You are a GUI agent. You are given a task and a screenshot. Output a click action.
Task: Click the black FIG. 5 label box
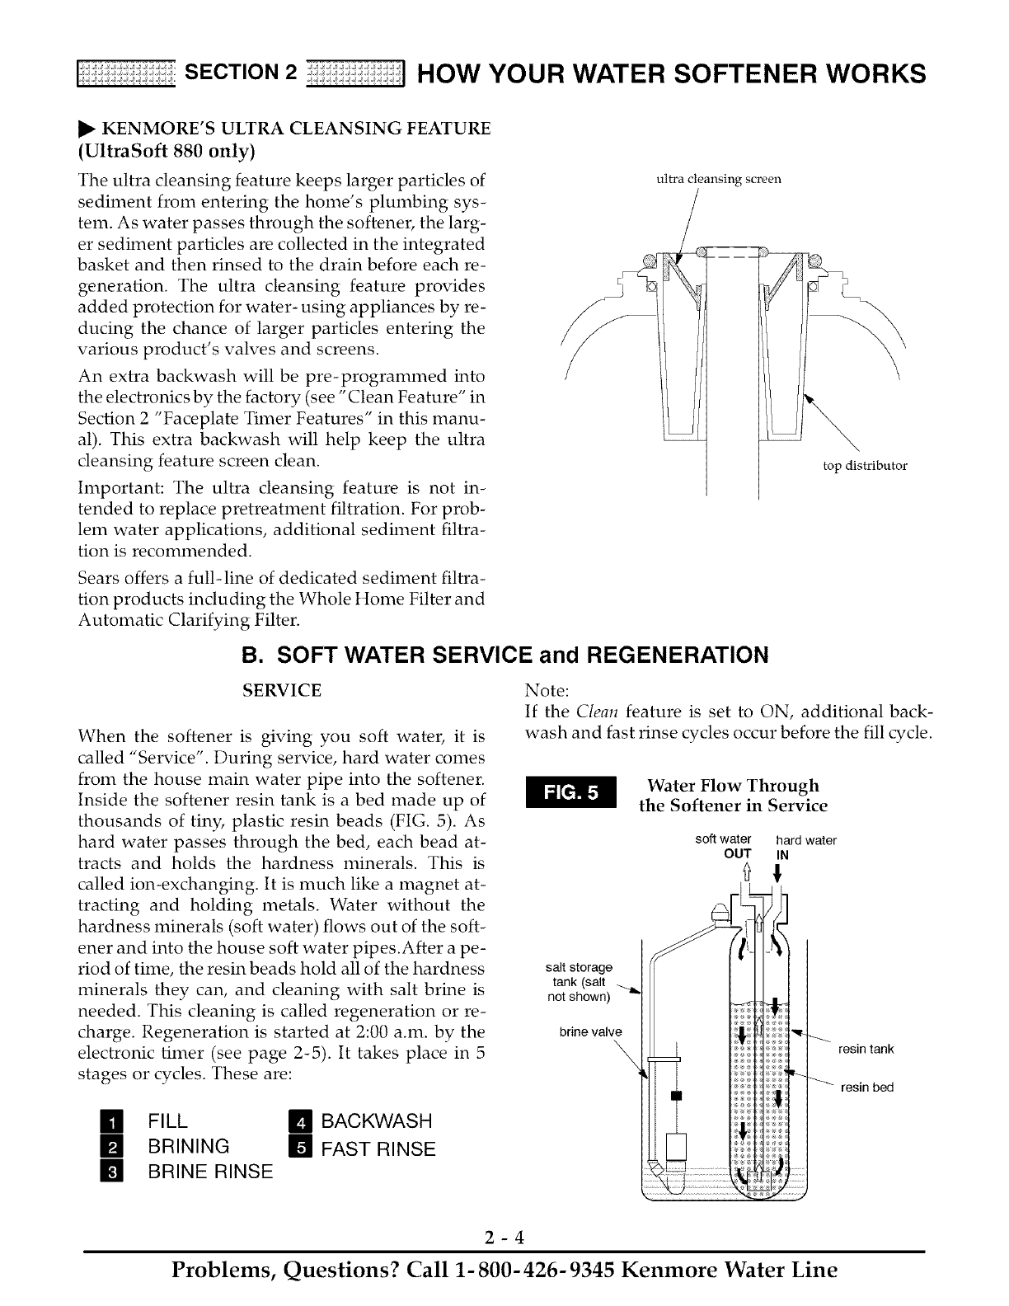click(570, 793)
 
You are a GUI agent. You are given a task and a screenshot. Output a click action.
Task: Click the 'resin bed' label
click(867, 1088)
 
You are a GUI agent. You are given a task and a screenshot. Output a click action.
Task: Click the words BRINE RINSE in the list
click(209, 1172)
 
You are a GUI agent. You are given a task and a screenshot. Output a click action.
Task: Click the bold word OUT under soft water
click(736, 853)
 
